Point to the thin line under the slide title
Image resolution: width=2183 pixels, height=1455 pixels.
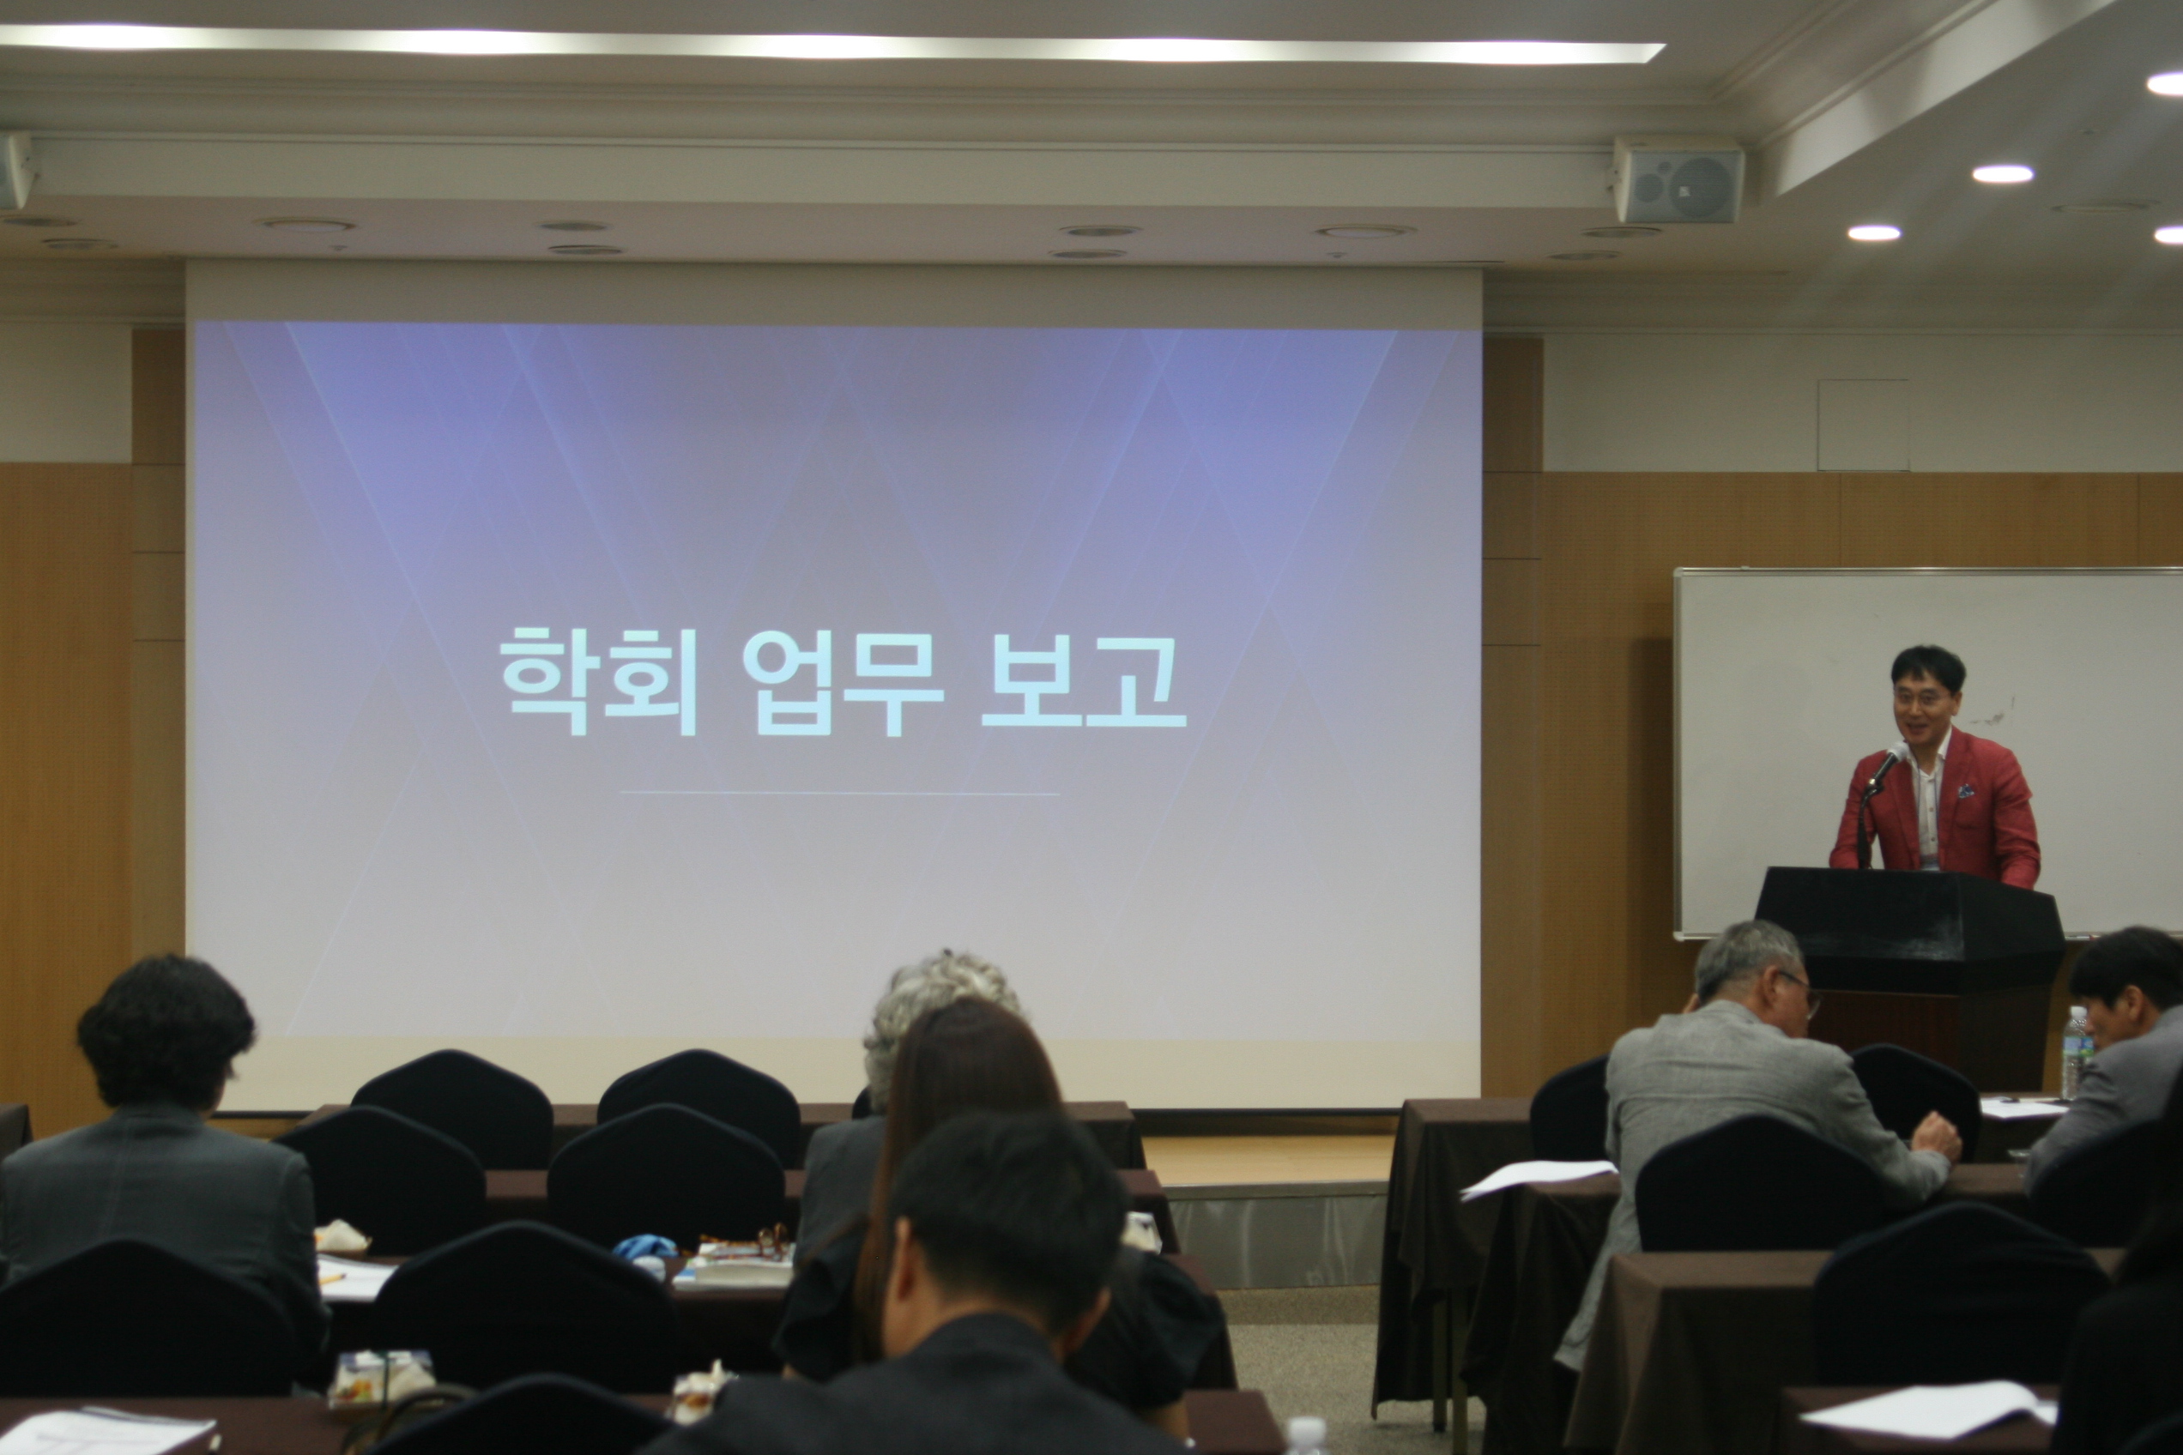point(840,794)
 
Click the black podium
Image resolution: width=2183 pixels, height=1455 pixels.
point(1910,965)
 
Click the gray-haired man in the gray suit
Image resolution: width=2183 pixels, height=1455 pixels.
point(1745,1095)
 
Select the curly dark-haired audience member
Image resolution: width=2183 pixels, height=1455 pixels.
point(162,1160)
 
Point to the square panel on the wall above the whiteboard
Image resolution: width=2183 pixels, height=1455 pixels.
point(1863,425)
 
